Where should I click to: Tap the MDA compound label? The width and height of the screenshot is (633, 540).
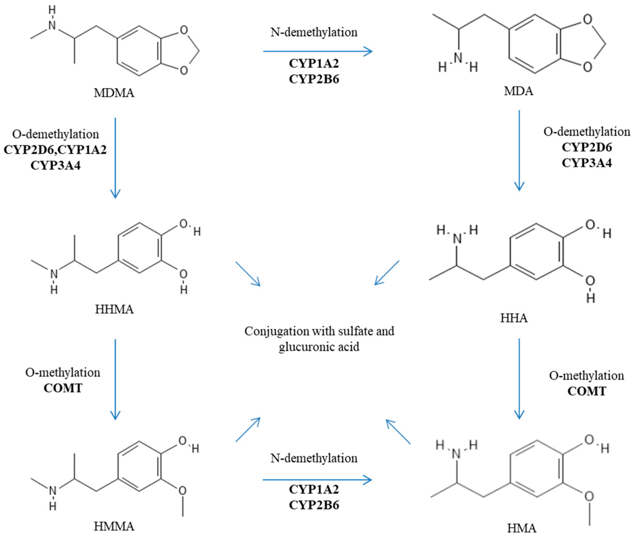(x=518, y=91)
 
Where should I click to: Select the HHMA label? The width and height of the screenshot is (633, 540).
(x=114, y=309)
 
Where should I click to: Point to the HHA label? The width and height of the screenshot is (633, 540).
(x=514, y=318)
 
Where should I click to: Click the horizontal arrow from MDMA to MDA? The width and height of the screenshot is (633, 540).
(x=318, y=51)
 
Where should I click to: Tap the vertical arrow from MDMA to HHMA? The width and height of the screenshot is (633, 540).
(x=115, y=158)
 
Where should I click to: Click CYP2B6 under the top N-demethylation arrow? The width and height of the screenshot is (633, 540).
(x=314, y=79)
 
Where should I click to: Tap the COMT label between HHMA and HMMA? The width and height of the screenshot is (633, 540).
(x=63, y=388)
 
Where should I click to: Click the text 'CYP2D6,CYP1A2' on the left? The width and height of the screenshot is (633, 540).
(x=55, y=150)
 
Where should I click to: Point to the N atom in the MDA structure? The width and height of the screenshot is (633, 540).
(x=458, y=58)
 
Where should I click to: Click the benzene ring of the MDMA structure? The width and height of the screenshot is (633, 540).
(x=139, y=50)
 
